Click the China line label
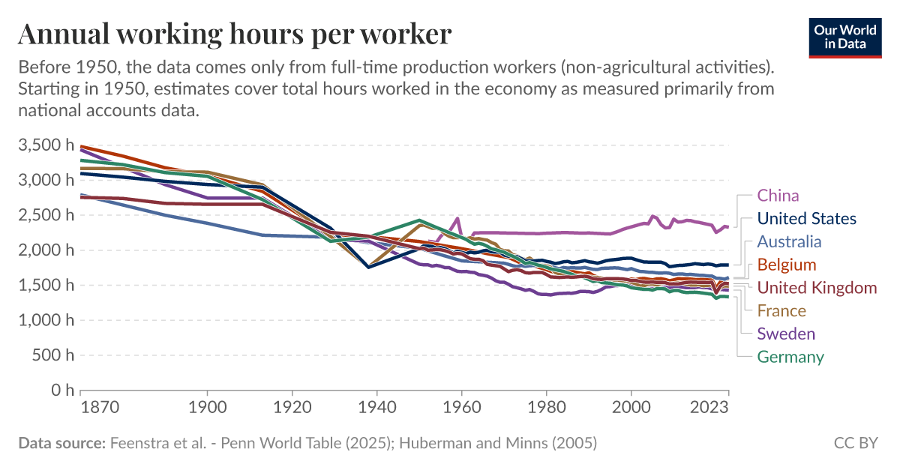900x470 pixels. (778, 196)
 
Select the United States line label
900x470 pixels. (806, 219)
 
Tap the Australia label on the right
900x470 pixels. (789, 241)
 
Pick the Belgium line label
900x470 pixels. (786, 265)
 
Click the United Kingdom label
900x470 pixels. (816, 288)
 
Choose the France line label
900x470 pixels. (781, 310)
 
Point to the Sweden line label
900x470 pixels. (785, 334)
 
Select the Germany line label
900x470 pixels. (790, 357)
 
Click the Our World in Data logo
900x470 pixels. (845, 37)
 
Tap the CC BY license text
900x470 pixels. (855, 443)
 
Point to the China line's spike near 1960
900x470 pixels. (457, 218)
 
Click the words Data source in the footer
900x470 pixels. (61, 443)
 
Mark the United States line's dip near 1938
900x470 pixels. (369, 267)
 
